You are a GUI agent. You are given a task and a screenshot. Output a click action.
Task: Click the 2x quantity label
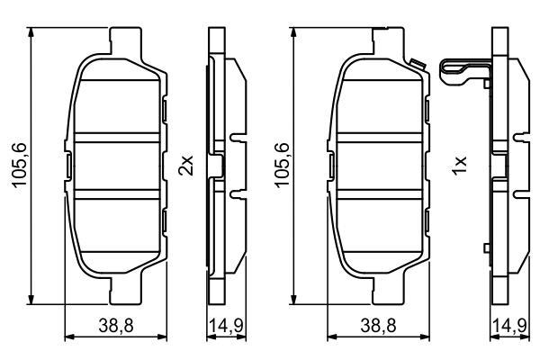(186, 166)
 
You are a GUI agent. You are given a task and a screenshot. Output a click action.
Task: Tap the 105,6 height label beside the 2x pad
(19, 165)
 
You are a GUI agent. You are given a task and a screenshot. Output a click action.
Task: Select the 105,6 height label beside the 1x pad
(282, 165)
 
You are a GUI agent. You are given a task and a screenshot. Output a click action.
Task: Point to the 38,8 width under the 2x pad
(116, 325)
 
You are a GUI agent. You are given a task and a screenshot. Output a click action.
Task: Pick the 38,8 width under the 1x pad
(379, 325)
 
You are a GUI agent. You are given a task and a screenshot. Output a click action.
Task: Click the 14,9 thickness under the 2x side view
(227, 325)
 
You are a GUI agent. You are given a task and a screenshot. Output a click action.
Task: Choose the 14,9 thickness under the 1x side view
(510, 325)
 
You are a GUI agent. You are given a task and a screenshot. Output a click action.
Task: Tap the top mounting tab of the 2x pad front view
(125, 41)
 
